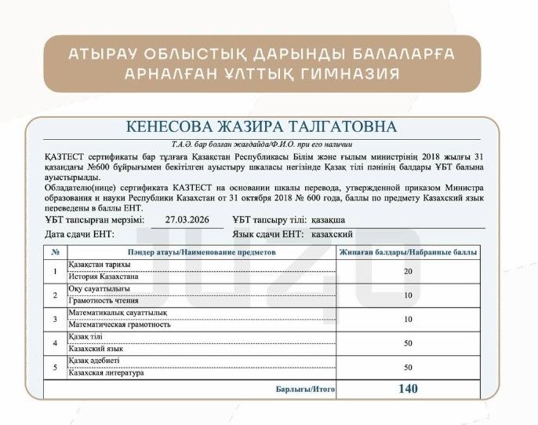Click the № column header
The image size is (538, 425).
[x=55, y=253]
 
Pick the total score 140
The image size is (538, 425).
[x=408, y=388]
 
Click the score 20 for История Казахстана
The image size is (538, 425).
[x=408, y=271]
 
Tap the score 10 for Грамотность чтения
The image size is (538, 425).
[x=408, y=295]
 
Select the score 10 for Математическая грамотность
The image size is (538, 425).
[x=408, y=319]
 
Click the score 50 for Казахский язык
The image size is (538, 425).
[x=408, y=343]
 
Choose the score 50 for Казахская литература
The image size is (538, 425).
[x=408, y=366]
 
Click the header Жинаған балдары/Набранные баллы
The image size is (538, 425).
[x=408, y=253]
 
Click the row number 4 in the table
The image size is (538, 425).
[x=55, y=343]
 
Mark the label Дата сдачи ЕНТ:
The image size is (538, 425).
[x=79, y=234]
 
